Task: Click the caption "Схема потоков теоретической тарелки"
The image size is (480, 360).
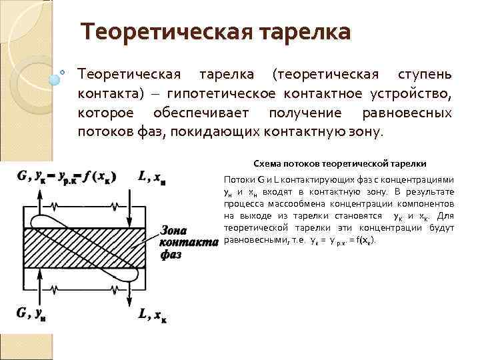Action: [339, 163]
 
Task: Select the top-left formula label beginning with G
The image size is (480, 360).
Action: [67, 177]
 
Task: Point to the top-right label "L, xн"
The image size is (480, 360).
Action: [152, 177]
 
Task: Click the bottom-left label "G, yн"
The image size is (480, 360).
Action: [31, 312]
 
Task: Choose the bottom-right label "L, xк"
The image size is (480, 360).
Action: [152, 312]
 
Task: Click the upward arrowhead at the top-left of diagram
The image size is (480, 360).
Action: [35, 189]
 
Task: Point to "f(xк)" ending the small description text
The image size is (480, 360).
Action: [363, 240]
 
